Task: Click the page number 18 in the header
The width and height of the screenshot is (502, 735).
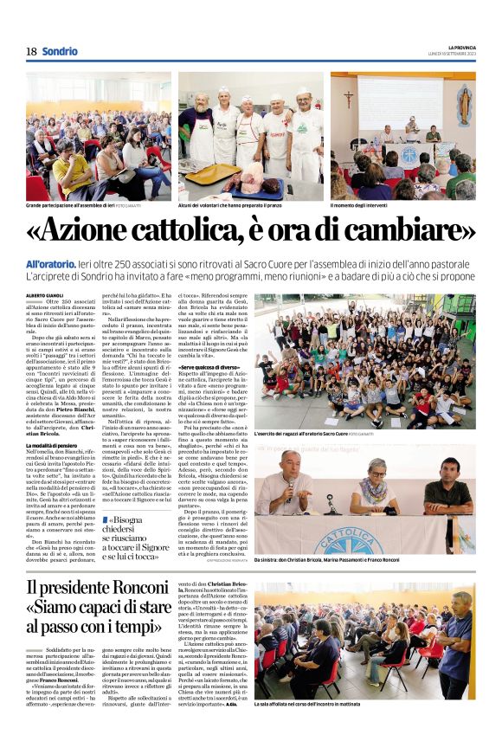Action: (x=31, y=51)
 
